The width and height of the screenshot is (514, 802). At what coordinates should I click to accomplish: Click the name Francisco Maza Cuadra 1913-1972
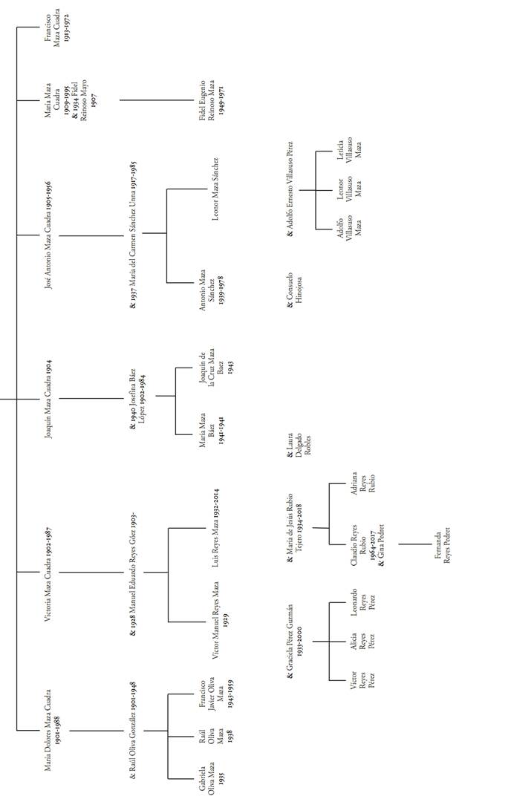coord(57,28)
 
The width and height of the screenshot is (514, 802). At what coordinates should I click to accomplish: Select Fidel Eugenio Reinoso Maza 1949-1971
coord(212,100)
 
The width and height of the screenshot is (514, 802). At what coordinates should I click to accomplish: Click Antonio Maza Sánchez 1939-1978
coord(211,283)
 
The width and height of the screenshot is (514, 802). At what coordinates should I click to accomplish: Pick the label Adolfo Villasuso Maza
coord(350,227)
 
